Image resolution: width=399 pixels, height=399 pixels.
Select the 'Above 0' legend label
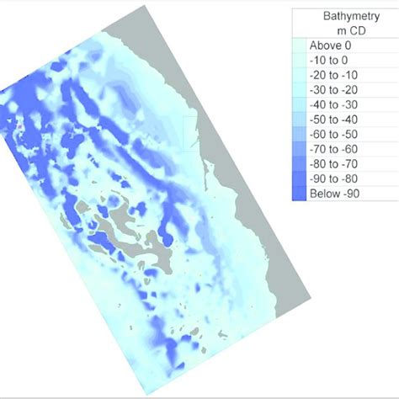(x=333, y=45)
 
